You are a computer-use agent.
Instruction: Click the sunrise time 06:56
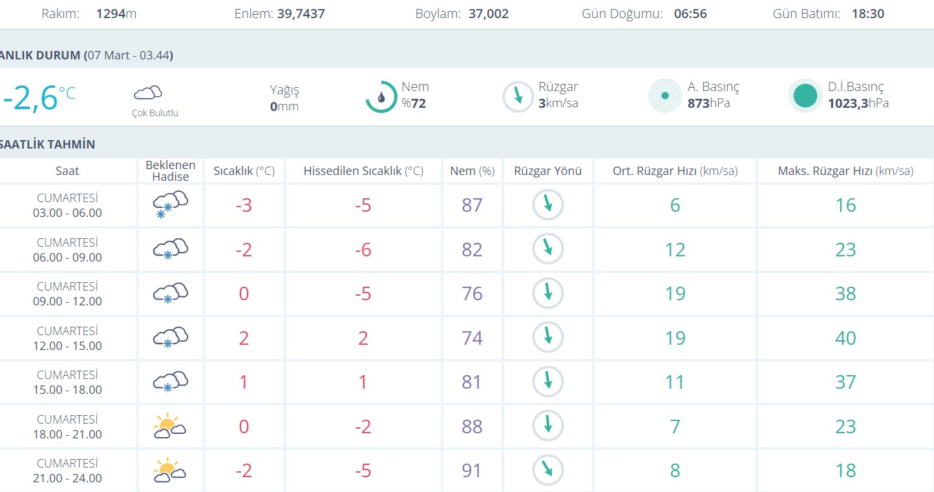(x=690, y=14)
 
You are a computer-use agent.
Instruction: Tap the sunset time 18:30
(x=867, y=14)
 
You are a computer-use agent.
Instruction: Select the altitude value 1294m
(x=116, y=14)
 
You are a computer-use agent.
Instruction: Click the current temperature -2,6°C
(x=39, y=97)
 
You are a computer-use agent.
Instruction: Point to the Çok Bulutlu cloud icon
(x=147, y=92)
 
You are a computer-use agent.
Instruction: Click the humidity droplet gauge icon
(x=381, y=97)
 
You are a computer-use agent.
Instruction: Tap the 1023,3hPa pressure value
(x=858, y=103)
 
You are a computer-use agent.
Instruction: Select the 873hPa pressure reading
(x=709, y=103)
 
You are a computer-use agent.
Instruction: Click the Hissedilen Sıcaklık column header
(x=363, y=171)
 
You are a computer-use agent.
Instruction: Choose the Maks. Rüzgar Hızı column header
(x=845, y=171)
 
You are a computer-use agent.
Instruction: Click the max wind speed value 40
(x=845, y=338)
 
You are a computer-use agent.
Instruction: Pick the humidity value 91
(x=472, y=471)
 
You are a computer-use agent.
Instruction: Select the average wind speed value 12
(x=675, y=249)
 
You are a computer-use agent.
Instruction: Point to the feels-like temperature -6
(x=363, y=249)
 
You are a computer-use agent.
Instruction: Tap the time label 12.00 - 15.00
(x=68, y=346)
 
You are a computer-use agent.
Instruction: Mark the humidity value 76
(x=472, y=294)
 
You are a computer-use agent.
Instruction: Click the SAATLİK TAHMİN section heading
(x=48, y=145)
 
